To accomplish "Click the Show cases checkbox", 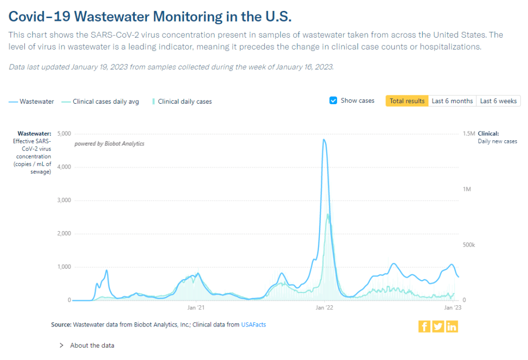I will tap(333, 101).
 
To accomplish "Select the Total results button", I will tap(407, 101).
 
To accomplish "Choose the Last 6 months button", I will tap(452, 101).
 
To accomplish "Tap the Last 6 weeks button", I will tap(498, 101).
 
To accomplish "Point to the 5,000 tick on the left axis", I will tap(63, 134).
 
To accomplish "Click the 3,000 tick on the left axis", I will tap(63, 200).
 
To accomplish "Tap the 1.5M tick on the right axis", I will tap(468, 134).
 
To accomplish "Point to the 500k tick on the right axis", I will tap(468, 244).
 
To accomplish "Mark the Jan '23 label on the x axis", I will tap(453, 308).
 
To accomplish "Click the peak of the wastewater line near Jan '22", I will tap(324, 140).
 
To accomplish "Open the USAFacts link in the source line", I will tap(253, 324).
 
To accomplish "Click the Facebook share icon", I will tap(424, 326).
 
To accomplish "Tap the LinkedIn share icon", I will tap(452, 326).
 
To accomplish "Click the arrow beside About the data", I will tap(61, 346).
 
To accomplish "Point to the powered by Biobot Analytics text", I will tap(109, 143).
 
